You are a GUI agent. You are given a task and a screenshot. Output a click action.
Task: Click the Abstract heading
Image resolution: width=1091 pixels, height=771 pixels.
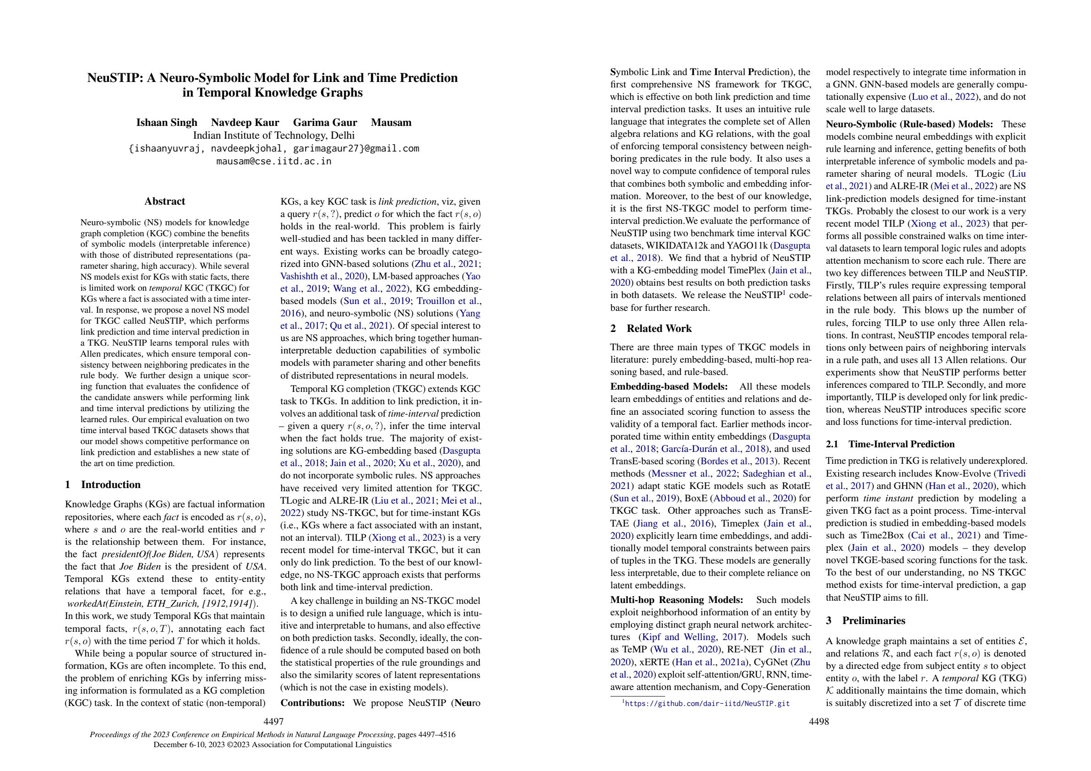coord(164,201)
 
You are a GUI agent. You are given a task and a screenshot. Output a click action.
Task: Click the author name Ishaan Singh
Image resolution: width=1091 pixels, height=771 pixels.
coord(166,123)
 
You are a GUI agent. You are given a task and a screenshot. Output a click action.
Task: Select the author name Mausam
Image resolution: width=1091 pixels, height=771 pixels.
coord(391,123)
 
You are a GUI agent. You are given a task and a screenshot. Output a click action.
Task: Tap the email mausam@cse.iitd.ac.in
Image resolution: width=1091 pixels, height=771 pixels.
coord(273,161)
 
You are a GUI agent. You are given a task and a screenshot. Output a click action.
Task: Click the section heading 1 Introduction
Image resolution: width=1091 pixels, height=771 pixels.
coord(103,484)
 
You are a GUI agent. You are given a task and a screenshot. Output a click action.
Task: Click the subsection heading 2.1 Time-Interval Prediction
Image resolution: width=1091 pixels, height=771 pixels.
coord(889,444)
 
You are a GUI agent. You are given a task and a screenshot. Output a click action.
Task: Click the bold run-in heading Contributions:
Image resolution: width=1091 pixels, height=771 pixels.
coord(313,703)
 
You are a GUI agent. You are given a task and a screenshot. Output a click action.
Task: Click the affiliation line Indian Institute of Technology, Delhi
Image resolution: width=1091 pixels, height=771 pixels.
coord(273,136)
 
